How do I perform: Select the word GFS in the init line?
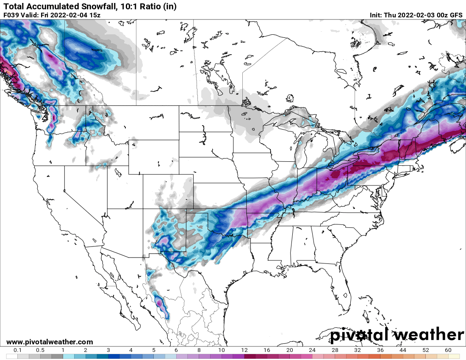coord(456,15)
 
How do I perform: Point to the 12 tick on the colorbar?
coord(244,350)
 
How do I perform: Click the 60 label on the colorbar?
coord(448,350)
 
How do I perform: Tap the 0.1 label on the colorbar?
coord(18,350)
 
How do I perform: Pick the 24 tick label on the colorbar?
coord(312,350)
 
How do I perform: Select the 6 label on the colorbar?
coord(176,350)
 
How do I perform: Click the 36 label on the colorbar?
coord(380,350)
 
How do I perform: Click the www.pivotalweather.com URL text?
coord(50,342)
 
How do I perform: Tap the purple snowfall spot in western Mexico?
coord(159,303)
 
